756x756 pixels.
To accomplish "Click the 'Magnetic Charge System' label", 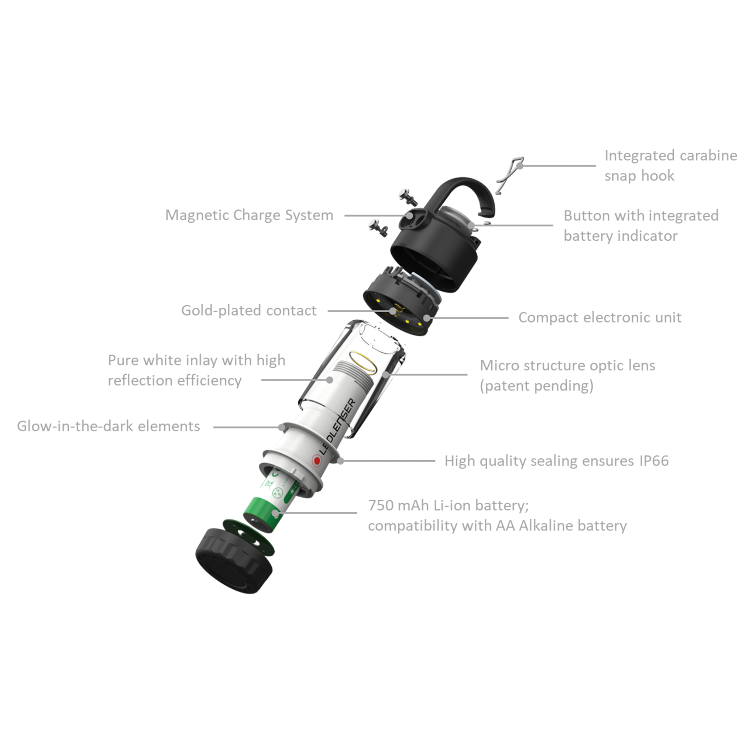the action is [249, 216].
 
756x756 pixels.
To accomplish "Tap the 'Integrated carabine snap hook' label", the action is [671, 165].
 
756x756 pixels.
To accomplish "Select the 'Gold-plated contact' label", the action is [249, 310].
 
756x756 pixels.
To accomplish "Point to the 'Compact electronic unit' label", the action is [600, 317].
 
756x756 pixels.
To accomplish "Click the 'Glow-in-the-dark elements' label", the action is [109, 426].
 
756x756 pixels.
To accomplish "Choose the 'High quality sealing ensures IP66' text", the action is [556, 461].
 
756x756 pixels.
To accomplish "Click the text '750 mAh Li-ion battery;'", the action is [449, 505].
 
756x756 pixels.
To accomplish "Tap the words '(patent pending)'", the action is [536, 386].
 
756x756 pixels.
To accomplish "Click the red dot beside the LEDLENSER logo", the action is [317, 461].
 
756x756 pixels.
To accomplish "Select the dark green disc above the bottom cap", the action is [248, 537].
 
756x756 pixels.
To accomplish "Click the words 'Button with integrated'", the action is [641, 216].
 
